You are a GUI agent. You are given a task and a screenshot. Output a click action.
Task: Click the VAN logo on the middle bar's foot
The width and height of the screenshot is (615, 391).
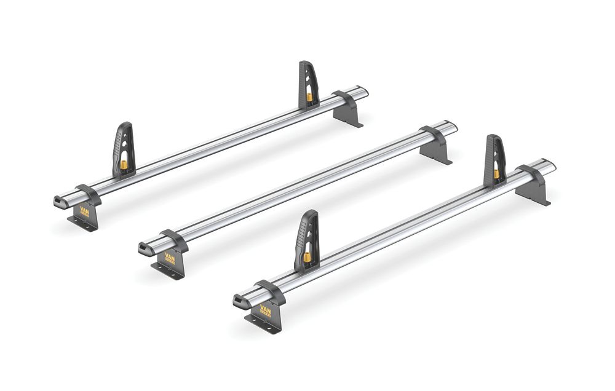click(170, 259)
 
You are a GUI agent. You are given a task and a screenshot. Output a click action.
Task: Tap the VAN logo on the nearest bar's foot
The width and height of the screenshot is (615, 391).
click(265, 310)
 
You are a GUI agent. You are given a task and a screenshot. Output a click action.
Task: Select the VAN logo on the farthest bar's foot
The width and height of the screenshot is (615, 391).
click(84, 210)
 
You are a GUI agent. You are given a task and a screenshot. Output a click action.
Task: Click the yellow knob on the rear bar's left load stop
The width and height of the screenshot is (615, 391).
click(123, 165)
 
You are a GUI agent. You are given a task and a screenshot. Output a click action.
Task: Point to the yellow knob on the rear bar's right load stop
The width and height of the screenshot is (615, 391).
click(309, 97)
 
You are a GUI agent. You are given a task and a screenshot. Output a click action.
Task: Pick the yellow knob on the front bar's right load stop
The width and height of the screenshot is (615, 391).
click(496, 174)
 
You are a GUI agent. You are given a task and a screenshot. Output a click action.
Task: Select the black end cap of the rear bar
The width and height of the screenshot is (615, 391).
click(59, 201)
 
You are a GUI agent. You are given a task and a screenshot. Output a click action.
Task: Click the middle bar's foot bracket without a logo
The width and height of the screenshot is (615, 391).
click(437, 148)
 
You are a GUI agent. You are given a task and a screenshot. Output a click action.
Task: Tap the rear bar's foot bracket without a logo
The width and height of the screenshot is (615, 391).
click(348, 112)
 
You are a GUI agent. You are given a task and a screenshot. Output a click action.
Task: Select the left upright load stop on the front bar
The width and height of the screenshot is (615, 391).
click(307, 237)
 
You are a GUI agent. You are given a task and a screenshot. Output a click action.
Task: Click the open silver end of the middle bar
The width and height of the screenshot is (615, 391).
click(452, 127)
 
